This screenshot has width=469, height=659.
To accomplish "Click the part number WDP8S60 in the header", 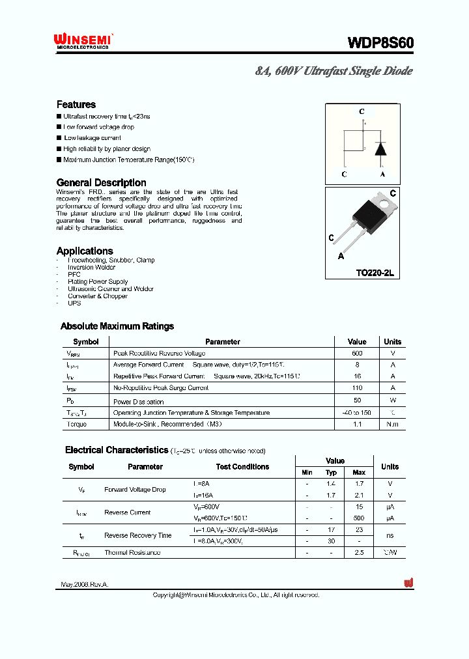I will (x=380, y=43).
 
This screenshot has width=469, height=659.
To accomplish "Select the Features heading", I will (x=76, y=104).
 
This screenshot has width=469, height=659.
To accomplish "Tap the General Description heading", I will (x=101, y=182).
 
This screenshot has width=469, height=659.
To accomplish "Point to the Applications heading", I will (x=85, y=251).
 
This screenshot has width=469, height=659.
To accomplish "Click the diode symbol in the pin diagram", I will (x=382, y=148).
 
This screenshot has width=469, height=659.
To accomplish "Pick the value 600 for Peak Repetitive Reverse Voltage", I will (x=357, y=353).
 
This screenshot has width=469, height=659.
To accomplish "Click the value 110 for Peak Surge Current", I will (x=357, y=387).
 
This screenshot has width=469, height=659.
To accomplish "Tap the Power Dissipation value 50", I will (x=357, y=400).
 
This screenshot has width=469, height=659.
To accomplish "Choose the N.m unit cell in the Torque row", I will (x=392, y=424).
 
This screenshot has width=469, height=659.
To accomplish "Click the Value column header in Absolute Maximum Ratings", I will (x=357, y=341).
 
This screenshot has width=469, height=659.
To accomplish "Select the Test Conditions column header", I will (x=242, y=467).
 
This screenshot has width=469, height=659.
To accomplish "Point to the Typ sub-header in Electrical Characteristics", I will (x=332, y=472).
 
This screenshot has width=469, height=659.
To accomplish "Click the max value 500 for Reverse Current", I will (x=359, y=518).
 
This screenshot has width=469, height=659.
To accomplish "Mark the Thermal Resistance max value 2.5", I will (x=359, y=552).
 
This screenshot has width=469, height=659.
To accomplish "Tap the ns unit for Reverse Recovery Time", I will (x=390, y=535).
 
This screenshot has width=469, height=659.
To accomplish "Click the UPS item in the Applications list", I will (x=74, y=303).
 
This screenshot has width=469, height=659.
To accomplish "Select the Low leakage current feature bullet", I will (x=92, y=138).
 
